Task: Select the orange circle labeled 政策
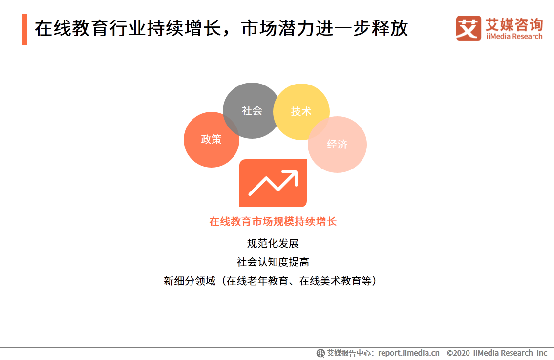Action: pyautogui.click(x=211, y=140)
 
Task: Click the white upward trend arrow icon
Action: pyautogui.click(x=273, y=183)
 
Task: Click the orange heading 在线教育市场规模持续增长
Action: pyautogui.click(x=273, y=222)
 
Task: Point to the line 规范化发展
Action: pyautogui.click(x=273, y=243)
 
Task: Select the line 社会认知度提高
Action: pyautogui.click(x=273, y=262)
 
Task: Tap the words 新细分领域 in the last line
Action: pyautogui.click(x=189, y=281)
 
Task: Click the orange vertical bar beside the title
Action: pyautogui.click(x=24, y=29)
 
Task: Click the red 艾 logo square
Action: pyautogui.click(x=469, y=28)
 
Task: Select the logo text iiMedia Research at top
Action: pyautogui.click(x=514, y=36)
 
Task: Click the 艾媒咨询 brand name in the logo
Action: pyautogui.click(x=514, y=23)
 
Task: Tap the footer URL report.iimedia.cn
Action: pyautogui.click(x=408, y=353)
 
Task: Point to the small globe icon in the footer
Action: pyautogui.click(x=320, y=353)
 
